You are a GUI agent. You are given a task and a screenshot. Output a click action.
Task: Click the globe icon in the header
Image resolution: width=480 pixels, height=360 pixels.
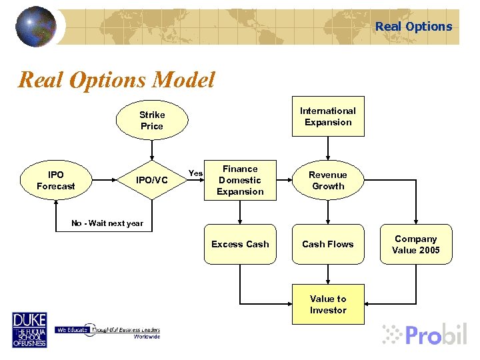pos(35,26)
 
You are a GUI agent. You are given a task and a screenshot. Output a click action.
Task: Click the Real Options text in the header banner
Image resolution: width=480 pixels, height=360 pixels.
pos(413,27)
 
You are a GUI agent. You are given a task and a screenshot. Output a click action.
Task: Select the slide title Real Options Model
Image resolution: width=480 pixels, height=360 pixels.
pos(117,81)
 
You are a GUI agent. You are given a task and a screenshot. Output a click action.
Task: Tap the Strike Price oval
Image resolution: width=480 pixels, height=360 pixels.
pos(151,121)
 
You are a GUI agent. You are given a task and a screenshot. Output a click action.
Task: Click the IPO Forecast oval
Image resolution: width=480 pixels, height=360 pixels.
pos(55,181)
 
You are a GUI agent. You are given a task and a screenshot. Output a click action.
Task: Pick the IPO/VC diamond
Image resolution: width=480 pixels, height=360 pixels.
pos(152,180)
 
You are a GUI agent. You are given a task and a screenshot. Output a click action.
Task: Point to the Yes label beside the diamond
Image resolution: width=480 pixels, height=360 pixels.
pos(195,173)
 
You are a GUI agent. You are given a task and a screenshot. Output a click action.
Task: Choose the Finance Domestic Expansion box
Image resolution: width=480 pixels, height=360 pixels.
pos(240,181)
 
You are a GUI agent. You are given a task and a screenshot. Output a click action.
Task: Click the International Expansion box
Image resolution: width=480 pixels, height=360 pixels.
pos(327,117)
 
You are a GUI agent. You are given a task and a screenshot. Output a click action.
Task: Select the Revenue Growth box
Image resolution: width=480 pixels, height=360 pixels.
pos(328,181)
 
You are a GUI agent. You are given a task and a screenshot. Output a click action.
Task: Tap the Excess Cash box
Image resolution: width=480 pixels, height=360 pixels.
pos(240,245)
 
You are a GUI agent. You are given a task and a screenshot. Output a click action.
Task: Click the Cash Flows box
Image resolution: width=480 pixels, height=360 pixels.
pos(327,245)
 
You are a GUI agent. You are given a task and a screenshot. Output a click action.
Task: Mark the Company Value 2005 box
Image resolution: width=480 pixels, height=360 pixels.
pos(415,245)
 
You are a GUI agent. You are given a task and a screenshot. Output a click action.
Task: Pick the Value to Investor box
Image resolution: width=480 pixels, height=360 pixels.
pos(327,305)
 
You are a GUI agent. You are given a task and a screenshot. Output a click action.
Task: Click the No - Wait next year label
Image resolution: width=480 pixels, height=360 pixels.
pos(107,223)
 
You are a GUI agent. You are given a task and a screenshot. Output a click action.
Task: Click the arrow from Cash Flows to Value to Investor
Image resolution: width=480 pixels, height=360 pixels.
pos(328,275)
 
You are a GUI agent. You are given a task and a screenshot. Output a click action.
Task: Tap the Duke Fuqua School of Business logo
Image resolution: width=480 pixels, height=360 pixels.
pos(29,329)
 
